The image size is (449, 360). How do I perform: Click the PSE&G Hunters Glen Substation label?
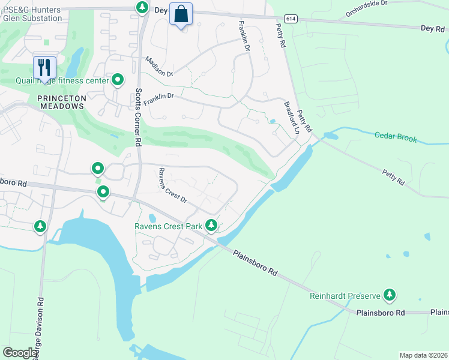click(33, 14)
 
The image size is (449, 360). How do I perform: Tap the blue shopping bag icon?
click(181, 14)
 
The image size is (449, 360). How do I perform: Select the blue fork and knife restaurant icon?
click(44, 67)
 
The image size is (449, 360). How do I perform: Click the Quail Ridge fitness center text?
click(61, 80)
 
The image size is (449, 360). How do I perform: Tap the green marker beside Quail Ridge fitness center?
click(118, 80)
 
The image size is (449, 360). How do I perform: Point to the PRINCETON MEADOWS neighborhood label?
click(61, 101)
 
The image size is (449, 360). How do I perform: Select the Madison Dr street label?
click(159, 66)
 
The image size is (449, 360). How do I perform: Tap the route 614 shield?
click(289, 19)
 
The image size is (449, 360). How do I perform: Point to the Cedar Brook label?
click(396, 137)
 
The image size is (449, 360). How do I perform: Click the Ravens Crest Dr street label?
click(173, 184)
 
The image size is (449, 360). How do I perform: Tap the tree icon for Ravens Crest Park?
click(211, 226)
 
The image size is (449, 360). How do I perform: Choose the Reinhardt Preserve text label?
click(345, 296)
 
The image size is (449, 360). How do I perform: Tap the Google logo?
click(20, 353)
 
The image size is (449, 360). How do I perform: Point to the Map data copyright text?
click(423, 355)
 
